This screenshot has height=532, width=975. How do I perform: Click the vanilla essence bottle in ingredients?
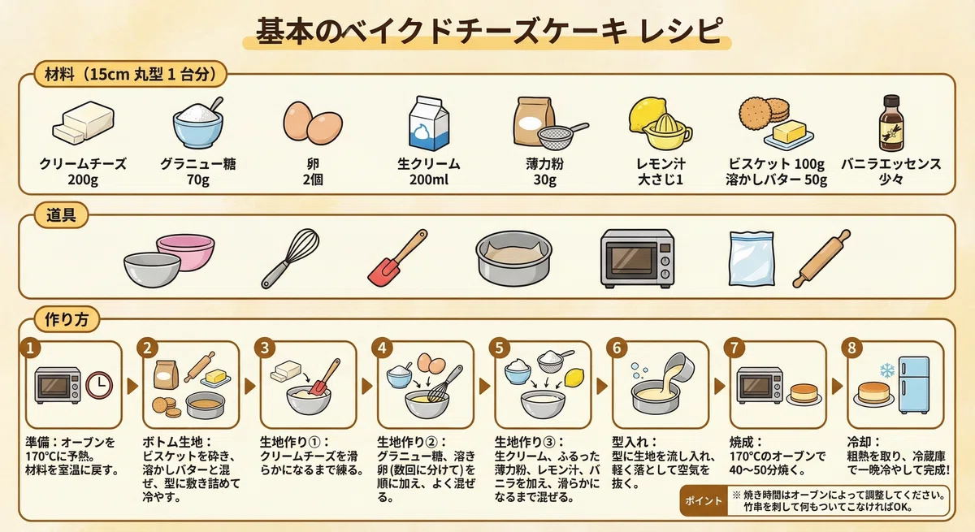(890, 123)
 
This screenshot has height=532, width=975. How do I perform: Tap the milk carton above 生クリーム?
(428, 123)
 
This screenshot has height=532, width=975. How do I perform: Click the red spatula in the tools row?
(397, 258)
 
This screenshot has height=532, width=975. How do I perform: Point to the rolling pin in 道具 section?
(821, 258)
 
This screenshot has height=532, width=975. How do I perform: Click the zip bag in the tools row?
(752, 258)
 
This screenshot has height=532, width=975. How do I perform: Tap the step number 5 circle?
(499, 348)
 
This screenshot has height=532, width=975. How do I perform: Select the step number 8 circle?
(851, 348)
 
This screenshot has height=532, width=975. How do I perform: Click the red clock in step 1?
(99, 385)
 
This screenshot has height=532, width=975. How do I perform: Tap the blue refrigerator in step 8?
(914, 386)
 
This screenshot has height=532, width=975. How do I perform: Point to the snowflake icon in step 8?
(887, 370)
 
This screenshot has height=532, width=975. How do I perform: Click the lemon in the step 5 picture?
(574, 378)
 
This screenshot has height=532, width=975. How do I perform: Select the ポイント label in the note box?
(704, 500)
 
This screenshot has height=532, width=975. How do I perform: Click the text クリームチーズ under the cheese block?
(83, 164)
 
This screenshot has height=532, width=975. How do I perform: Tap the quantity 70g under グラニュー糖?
(198, 179)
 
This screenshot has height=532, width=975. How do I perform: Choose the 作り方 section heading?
(67, 319)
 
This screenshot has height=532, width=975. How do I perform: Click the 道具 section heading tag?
(61, 215)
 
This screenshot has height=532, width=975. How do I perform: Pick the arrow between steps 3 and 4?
(367, 386)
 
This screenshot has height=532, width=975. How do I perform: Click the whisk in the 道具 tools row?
(290, 258)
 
